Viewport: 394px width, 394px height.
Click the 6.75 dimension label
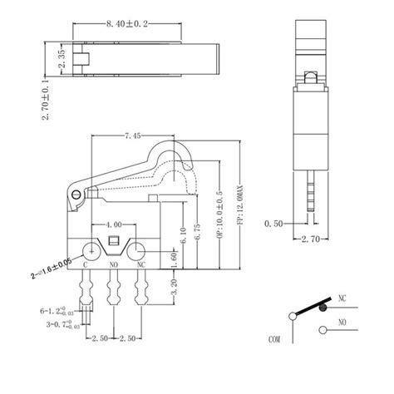[197, 235]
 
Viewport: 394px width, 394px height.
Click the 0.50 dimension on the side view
[273, 224]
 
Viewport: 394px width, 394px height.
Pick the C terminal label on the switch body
[87, 264]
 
